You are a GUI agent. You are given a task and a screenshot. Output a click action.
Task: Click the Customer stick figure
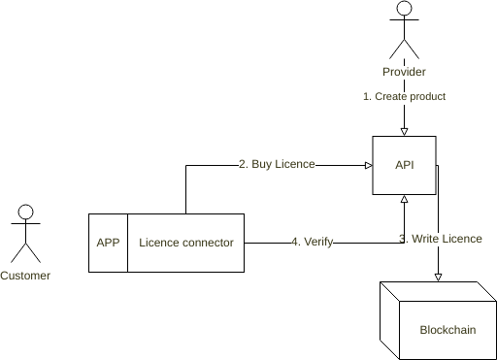click(x=25, y=234)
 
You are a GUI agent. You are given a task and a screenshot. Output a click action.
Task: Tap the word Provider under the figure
click(x=404, y=73)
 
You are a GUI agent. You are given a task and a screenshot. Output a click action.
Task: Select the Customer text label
click(x=25, y=276)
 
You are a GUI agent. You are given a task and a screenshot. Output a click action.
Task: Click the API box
click(x=405, y=166)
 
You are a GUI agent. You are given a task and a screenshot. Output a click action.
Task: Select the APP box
click(x=108, y=243)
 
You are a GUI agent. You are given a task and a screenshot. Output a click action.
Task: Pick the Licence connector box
click(x=186, y=243)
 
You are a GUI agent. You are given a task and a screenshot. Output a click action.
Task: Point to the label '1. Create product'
click(x=404, y=97)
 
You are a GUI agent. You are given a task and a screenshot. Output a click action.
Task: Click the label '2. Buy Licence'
click(x=277, y=165)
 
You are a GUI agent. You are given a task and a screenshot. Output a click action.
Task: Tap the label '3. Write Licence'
click(x=441, y=239)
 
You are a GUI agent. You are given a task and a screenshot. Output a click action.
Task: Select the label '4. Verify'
click(x=312, y=243)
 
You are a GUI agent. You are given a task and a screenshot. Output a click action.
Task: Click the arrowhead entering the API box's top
click(x=404, y=132)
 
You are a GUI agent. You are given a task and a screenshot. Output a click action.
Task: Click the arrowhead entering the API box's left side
click(x=368, y=165)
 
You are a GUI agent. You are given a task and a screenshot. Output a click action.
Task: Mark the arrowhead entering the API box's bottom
click(x=404, y=200)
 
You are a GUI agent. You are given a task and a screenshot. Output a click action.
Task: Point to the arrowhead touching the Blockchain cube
click(x=439, y=277)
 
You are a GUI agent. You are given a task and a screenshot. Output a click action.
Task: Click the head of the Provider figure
click(x=404, y=12)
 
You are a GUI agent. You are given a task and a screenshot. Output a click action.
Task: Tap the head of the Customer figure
click(x=25, y=212)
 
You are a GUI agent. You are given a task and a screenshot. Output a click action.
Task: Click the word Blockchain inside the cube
click(x=447, y=330)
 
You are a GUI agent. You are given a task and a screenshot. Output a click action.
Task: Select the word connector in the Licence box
click(x=207, y=243)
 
